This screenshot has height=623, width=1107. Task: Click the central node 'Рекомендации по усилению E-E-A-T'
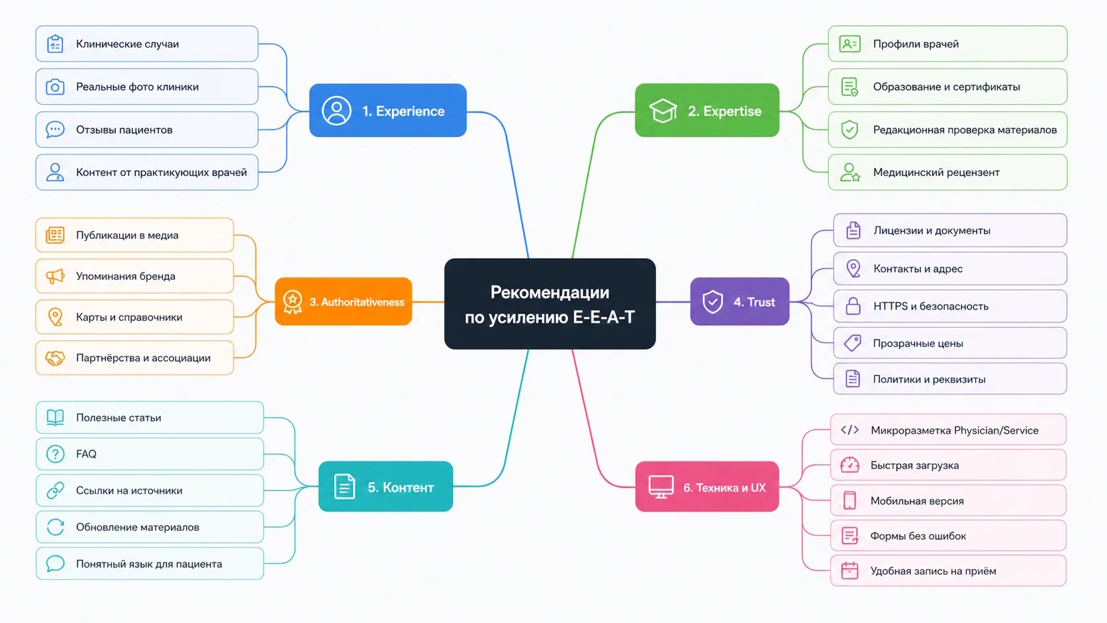tap(550, 303)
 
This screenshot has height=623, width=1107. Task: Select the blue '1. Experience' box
tap(388, 110)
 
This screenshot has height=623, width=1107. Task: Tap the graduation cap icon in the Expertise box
tap(663, 110)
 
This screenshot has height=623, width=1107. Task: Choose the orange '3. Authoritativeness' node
tap(344, 301)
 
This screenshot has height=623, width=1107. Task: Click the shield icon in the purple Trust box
tap(712, 301)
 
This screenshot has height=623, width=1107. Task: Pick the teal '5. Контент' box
tap(385, 487)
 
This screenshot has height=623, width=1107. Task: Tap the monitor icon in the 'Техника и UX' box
tap(661, 487)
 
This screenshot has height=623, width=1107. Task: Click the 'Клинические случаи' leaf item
tap(147, 44)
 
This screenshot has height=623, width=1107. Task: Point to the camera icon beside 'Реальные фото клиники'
tap(55, 87)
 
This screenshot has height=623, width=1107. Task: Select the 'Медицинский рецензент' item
tap(947, 172)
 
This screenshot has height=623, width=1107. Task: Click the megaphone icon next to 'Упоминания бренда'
tap(55, 276)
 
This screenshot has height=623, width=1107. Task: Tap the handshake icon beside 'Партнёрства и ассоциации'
tap(55, 358)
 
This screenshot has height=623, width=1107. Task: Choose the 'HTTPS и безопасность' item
tap(950, 307)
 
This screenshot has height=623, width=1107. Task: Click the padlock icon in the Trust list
tap(853, 307)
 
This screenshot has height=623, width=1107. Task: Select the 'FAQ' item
tap(150, 454)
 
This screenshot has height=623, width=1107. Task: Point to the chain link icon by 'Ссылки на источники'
tap(56, 491)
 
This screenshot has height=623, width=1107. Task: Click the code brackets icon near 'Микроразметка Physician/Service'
tap(849, 430)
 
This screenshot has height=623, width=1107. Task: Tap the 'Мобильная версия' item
tap(948, 501)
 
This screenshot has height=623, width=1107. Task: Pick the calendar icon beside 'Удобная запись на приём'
tap(849, 571)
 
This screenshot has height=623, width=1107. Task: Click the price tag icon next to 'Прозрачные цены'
tap(853, 343)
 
